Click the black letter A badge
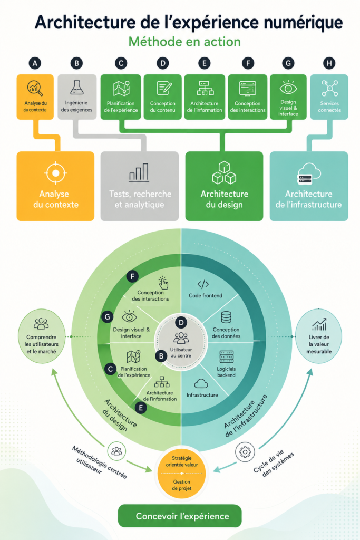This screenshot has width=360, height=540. tap(35, 63)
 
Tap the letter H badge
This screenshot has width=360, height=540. tap(329, 63)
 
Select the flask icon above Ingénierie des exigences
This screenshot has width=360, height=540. tap(77, 88)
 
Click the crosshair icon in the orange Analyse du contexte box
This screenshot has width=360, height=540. tap(55, 173)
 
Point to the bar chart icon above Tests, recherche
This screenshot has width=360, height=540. tap(139, 172)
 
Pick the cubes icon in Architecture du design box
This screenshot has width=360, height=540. tap(224, 172)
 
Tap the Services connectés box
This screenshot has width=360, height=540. tap(329, 97)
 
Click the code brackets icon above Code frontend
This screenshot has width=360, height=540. tap(203, 284)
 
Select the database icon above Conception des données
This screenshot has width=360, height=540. tap(226, 317)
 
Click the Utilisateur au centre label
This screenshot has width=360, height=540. tap(181, 352)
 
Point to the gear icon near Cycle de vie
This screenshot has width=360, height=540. tap(245, 451)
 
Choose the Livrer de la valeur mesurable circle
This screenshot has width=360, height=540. tap(318, 336)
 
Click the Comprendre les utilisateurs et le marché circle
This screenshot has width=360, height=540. tap(41, 336)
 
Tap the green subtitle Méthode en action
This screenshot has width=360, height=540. tap(184, 42)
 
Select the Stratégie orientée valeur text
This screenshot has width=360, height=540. tap(182, 461)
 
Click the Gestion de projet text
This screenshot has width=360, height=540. tap(182, 485)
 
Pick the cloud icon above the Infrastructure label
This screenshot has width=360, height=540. tap(201, 384)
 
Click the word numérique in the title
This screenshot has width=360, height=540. tap(303, 23)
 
